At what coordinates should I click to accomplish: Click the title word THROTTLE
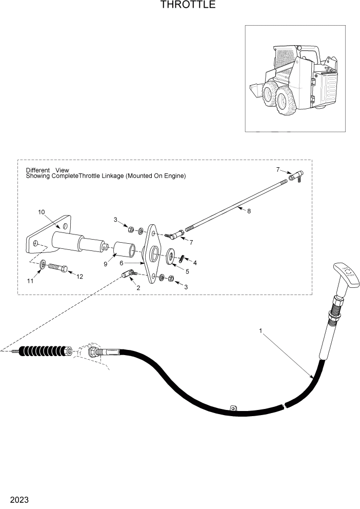click(181, 5)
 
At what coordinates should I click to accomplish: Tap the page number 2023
click(18, 500)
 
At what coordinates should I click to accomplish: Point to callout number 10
click(42, 211)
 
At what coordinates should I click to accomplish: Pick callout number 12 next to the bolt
click(79, 277)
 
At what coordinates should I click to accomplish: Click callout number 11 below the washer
click(30, 281)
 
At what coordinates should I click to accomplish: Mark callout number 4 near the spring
click(194, 262)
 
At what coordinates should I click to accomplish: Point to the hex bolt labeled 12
click(57, 268)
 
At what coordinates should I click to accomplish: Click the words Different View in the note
click(47, 170)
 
